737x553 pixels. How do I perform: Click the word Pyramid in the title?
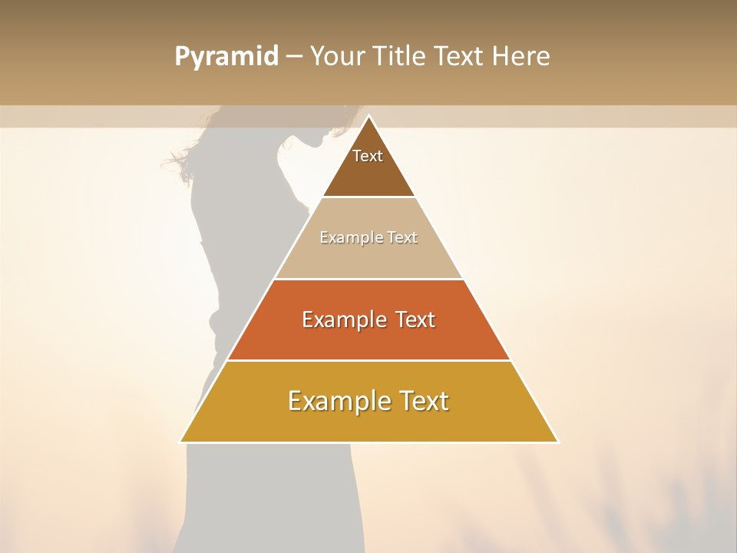click(x=226, y=56)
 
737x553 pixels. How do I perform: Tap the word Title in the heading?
click(x=403, y=56)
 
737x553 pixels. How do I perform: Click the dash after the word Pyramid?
click(x=293, y=57)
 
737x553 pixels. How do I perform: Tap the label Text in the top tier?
click(x=368, y=156)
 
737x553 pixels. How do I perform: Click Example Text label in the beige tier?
click(x=368, y=237)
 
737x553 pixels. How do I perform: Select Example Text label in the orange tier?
click(x=368, y=320)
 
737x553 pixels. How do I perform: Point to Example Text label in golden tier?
click(x=368, y=401)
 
